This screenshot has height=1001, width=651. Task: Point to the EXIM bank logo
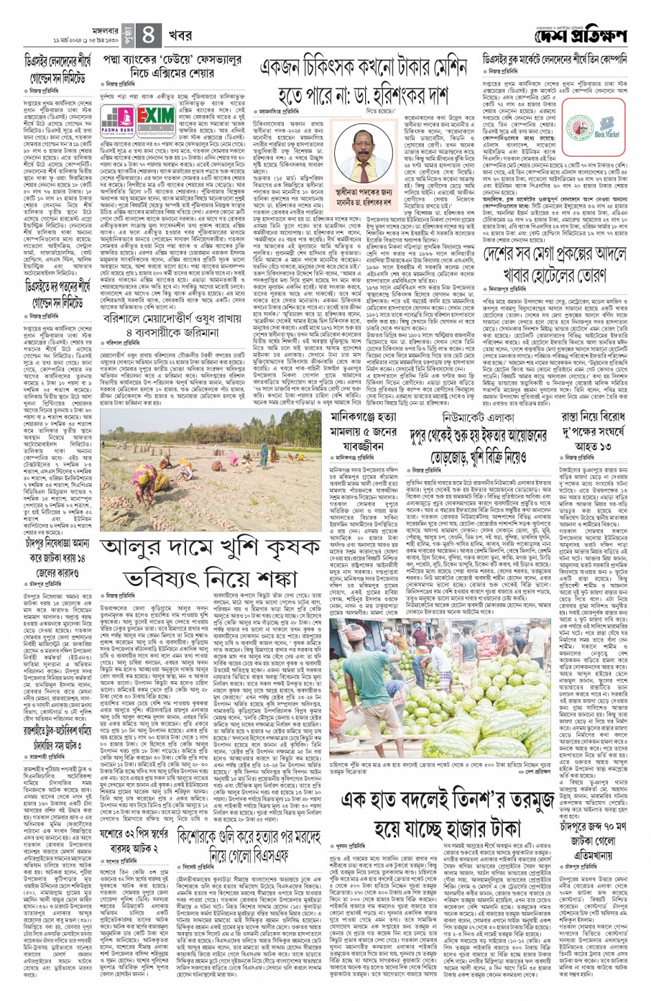click(156, 118)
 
